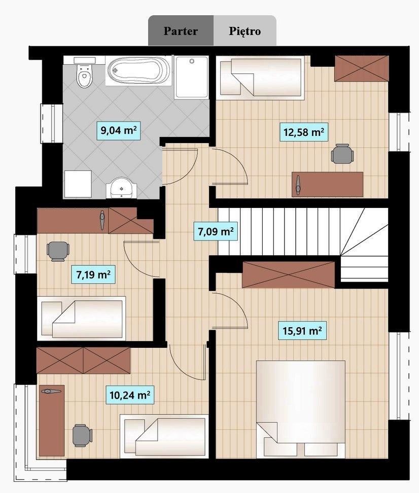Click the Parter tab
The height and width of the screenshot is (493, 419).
(x=181, y=31)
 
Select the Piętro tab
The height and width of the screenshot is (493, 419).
(x=245, y=31)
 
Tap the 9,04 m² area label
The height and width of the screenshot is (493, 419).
(x=119, y=130)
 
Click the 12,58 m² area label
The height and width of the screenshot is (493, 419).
(x=304, y=132)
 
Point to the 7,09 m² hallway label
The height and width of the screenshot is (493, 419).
(x=216, y=231)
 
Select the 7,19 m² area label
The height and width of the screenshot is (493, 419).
(x=93, y=274)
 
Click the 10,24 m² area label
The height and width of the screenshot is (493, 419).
(x=129, y=395)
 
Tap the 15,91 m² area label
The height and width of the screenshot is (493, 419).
(x=302, y=331)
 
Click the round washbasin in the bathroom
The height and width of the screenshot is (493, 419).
(x=121, y=188)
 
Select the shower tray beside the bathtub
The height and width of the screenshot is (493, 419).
(x=192, y=77)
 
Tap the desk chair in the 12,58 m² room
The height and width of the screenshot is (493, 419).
(x=342, y=154)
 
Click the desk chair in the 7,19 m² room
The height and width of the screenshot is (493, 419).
(x=58, y=251)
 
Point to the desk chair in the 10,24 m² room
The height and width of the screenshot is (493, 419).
(x=82, y=436)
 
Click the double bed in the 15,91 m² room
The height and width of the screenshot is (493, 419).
(x=301, y=409)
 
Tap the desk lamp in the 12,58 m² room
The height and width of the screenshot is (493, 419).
(x=298, y=184)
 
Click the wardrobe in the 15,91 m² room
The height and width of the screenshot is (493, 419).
(x=289, y=275)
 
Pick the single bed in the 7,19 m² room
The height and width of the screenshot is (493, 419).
(x=82, y=319)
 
